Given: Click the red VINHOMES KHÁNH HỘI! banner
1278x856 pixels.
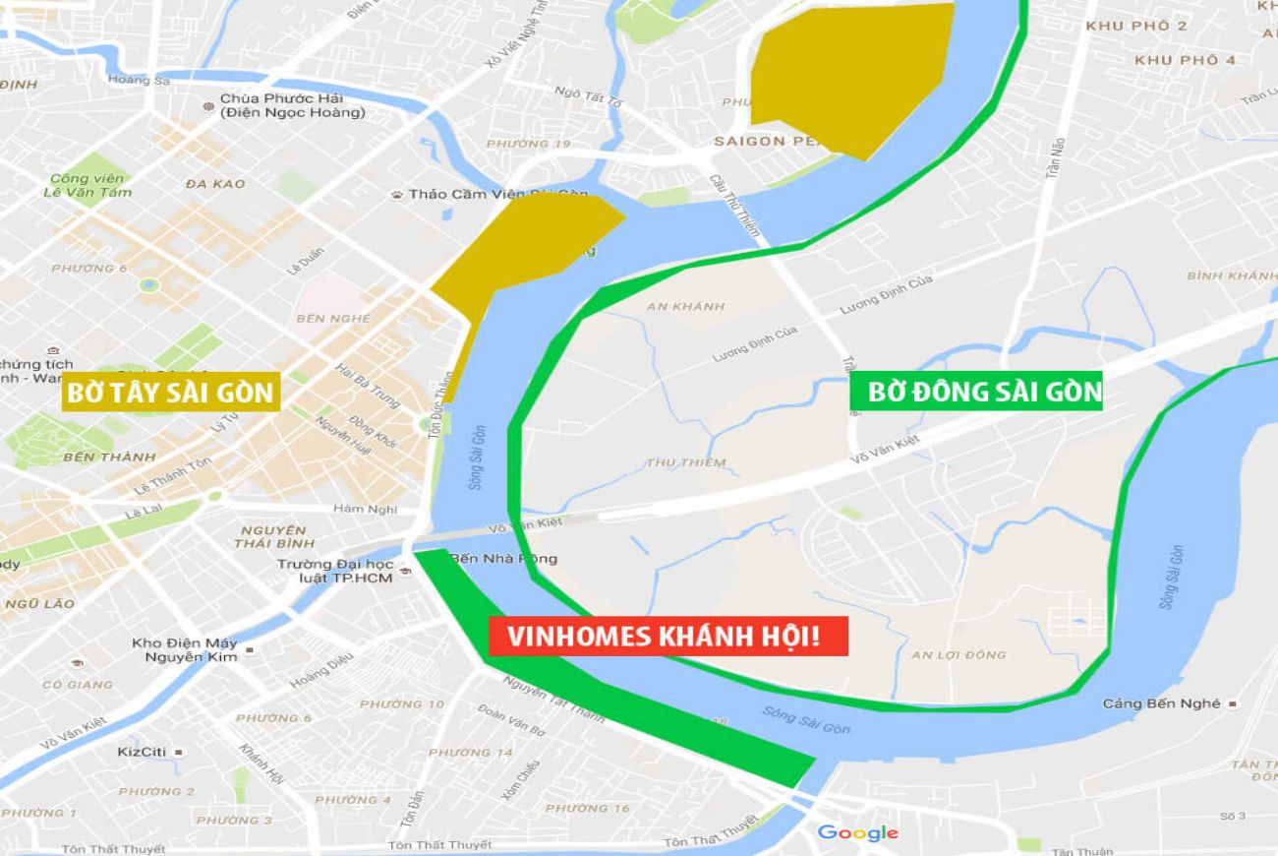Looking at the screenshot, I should click(x=668, y=637).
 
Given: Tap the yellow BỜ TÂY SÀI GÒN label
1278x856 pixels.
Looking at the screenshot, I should click(x=170, y=393).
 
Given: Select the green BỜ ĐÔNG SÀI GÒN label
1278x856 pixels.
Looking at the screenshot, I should click(x=975, y=392).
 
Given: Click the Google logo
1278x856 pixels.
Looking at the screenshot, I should click(x=857, y=833).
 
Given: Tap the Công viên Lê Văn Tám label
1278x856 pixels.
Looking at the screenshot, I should click(x=87, y=185).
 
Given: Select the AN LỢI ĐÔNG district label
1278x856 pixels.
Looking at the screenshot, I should click(x=958, y=654).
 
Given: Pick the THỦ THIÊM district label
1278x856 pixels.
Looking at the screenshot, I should click(x=686, y=462).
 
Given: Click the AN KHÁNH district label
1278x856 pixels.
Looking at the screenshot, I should click(x=685, y=306).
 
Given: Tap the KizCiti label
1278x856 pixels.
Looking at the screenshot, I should click(x=142, y=751).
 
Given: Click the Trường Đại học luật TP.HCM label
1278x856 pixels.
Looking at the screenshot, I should click(x=335, y=571).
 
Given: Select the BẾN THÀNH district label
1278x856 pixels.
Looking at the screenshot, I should click(x=109, y=457).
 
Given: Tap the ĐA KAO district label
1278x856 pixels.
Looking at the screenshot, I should click(x=214, y=184).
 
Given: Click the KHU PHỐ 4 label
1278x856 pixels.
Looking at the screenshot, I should click(x=1185, y=60).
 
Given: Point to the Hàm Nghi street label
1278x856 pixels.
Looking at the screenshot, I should click(x=365, y=509).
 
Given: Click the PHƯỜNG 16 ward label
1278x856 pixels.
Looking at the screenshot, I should click(x=587, y=808).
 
